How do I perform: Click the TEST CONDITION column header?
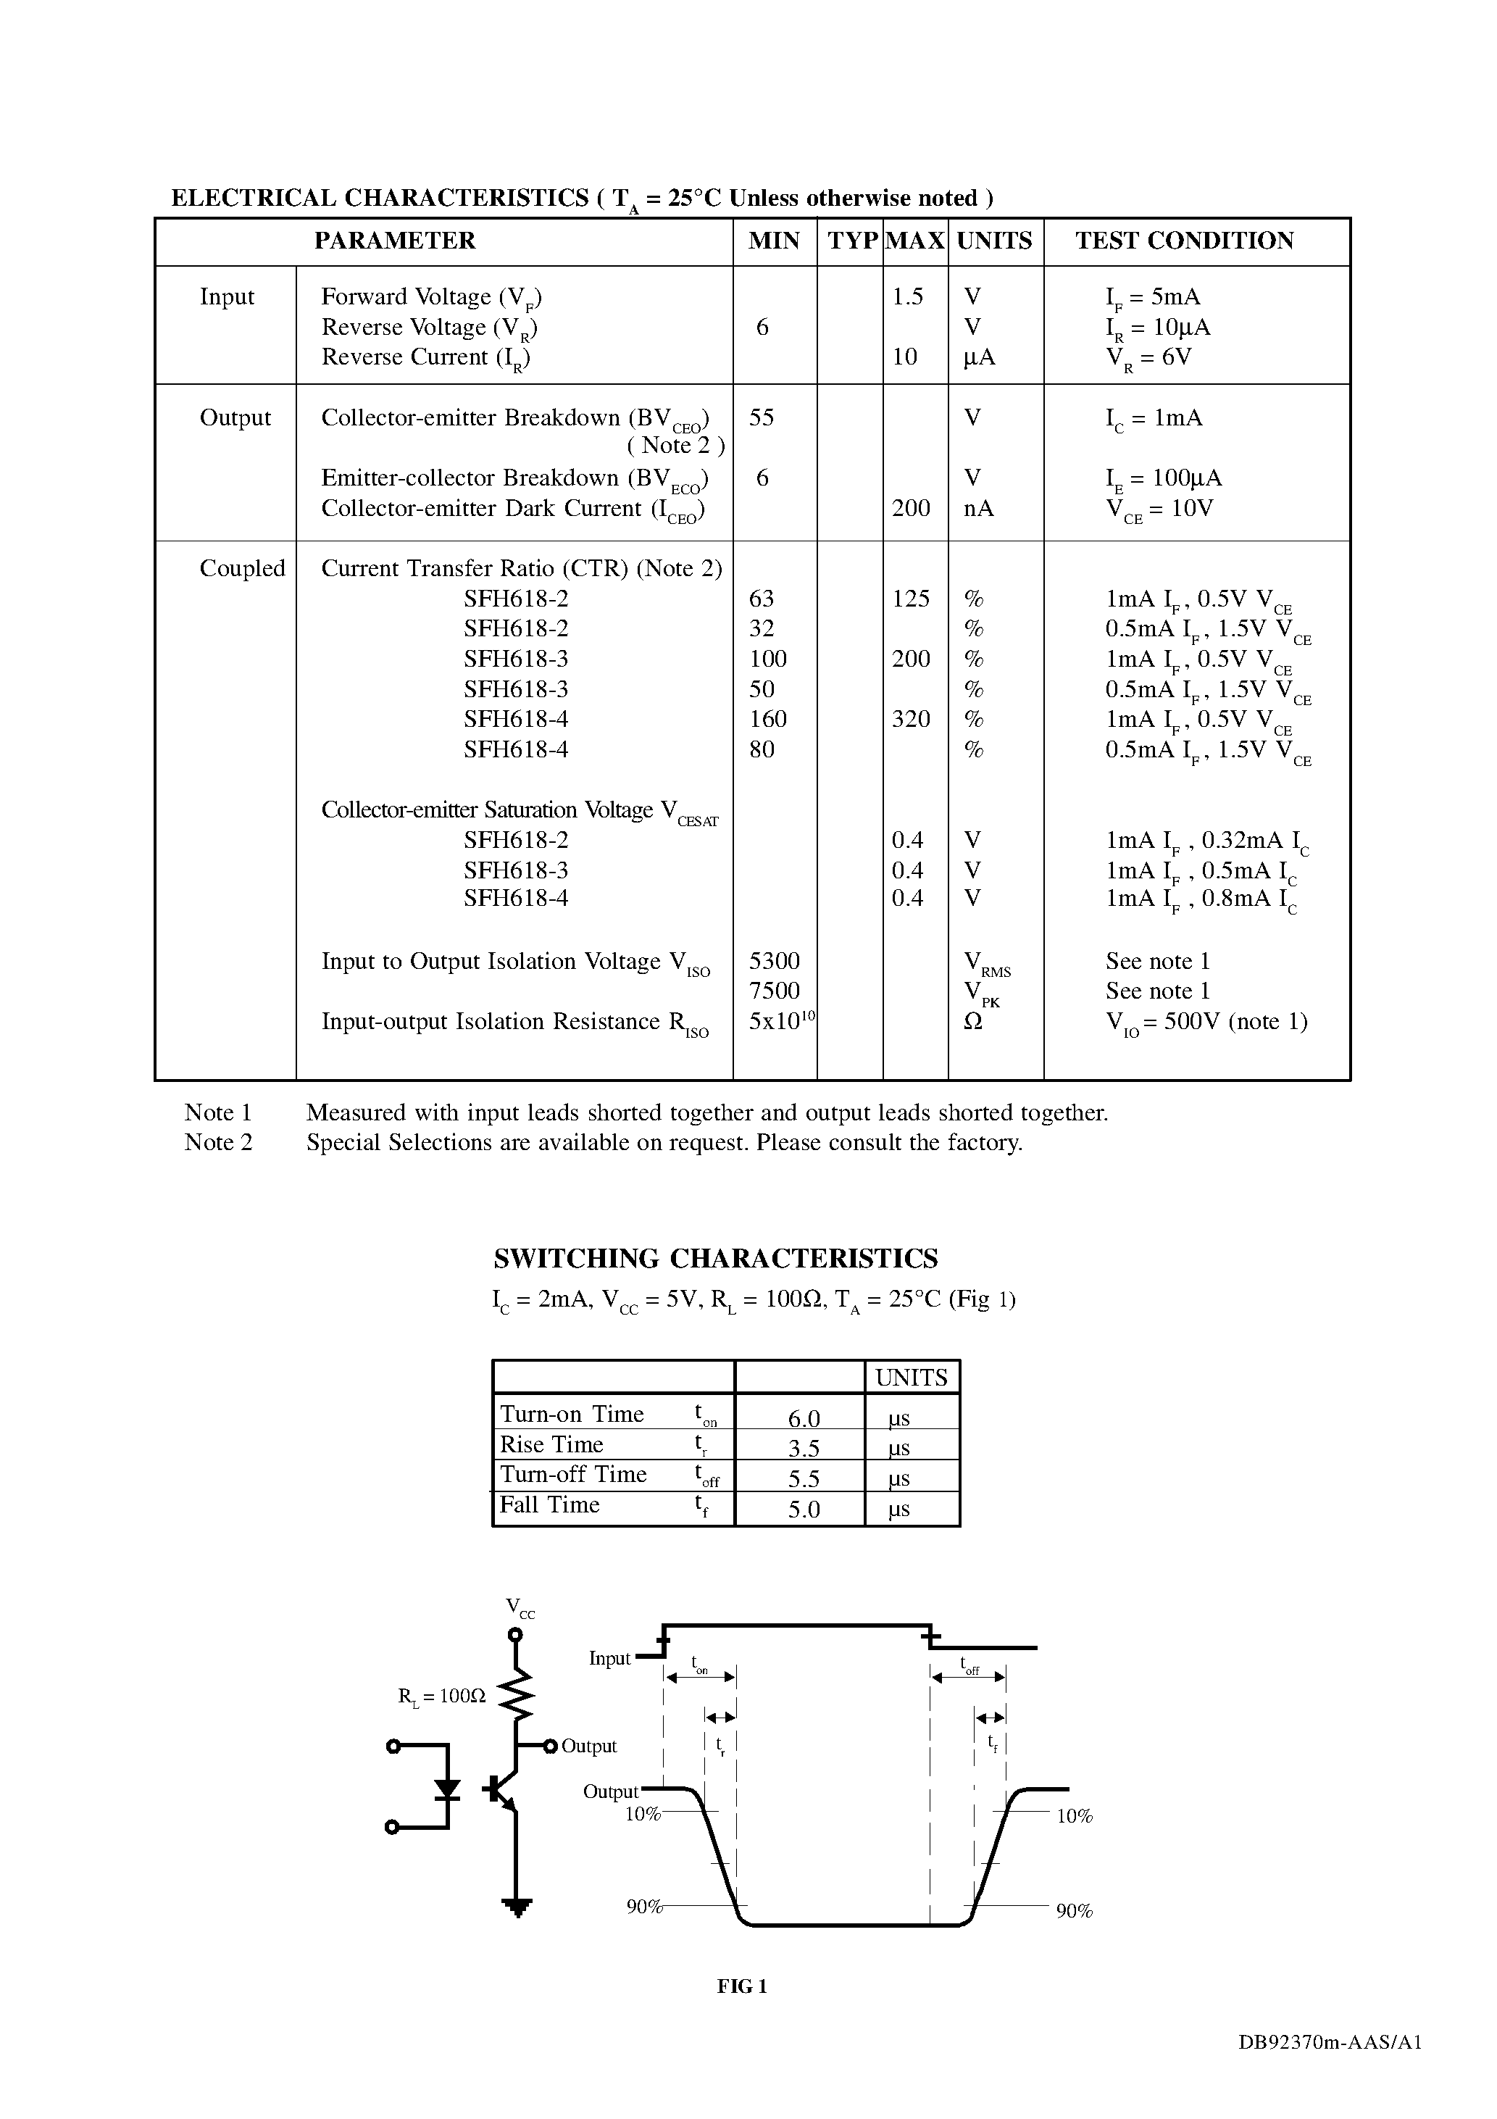(1184, 241)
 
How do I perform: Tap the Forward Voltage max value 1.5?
(907, 297)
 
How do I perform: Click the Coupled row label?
(242, 568)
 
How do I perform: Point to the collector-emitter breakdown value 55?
(762, 418)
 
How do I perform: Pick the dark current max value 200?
(911, 509)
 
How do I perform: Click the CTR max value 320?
(911, 719)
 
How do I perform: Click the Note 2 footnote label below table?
(218, 1143)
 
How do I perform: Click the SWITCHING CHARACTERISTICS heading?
(715, 1259)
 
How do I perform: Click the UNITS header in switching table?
(911, 1378)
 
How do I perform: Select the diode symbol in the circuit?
(448, 1789)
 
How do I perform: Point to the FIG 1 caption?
(742, 1987)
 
